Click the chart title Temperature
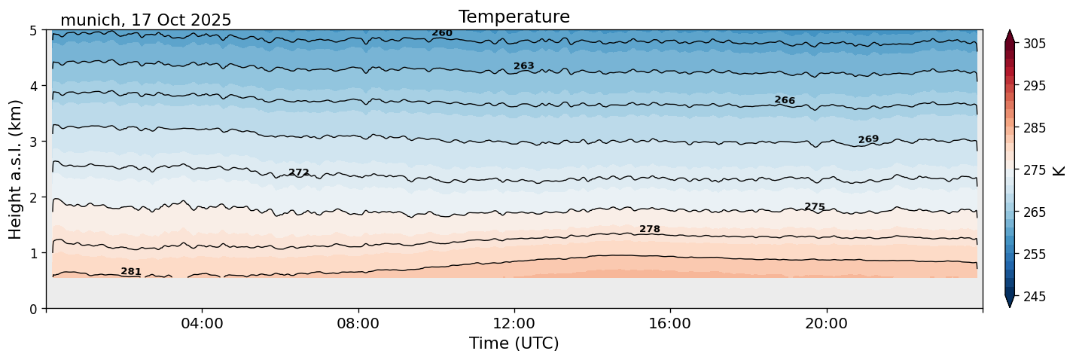pyautogui.click(x=514, y=17)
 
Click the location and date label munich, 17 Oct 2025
pyautogui.click(x=145, y=20)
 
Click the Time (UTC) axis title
pyautogui.click(x=514, y=343)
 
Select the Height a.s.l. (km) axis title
pyautogui.click(x=16, y=169)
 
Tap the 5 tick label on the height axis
pyautogui.click(x=34, y=31)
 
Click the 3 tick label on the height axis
pyautogui.click(x=34, y=142)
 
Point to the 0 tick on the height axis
pyautogui.click(x=34, y=308)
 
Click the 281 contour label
pyautogui.click(x=131, y=271)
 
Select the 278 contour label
pyautogui.click(x=650, y=229)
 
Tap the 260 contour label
pyautogui.click(x=442, y=33)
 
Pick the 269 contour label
pyautogui.click(x=868, y=139)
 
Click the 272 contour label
pyautogui.click(x=299, y=172)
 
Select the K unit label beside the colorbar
pyautogui.click(x=1060, y=169)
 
